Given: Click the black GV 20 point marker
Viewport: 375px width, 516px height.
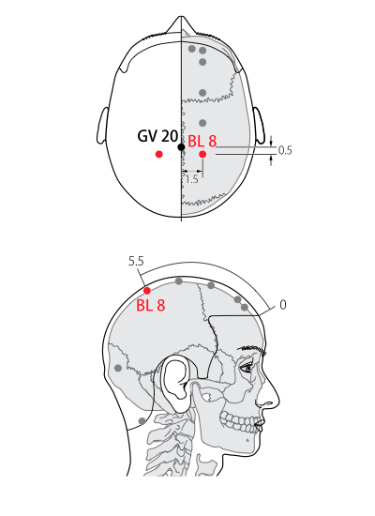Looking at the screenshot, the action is click(x=181, y=146).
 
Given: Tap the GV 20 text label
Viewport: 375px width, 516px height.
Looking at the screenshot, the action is click(x=157, y=136).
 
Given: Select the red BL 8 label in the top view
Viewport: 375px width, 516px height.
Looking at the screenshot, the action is click(x=202, y=141).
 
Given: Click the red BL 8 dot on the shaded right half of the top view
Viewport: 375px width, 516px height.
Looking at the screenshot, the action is click(x=202, y=154).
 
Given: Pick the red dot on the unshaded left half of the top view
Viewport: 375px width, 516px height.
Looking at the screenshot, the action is click(x=159, y=154).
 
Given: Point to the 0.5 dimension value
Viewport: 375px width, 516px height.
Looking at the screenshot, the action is click(x=285, y=150).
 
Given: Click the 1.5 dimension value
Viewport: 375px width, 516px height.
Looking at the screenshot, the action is click(x=191, y=179).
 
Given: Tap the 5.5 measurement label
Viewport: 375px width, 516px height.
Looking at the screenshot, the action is click(x=136, y=262).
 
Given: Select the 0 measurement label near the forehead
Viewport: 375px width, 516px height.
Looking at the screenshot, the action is click(x=283, y=305).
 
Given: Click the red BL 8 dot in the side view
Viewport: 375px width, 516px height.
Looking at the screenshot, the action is click(x=147, y=291).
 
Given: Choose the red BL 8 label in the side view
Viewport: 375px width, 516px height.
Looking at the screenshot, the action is click(x=151, y=306).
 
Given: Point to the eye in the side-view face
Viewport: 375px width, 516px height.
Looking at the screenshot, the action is click(x=247, y=368).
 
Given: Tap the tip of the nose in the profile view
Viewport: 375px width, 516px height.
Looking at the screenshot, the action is click(x=278, y=399).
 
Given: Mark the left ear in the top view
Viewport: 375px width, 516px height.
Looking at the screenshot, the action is click(x=102, y=126).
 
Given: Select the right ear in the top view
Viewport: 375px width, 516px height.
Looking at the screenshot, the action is click(x=259, y=126).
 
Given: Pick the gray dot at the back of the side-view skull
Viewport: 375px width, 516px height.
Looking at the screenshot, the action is click(x=118, y=368).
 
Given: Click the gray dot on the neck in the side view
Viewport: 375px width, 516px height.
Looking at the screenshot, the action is click(x=142, y=421).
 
